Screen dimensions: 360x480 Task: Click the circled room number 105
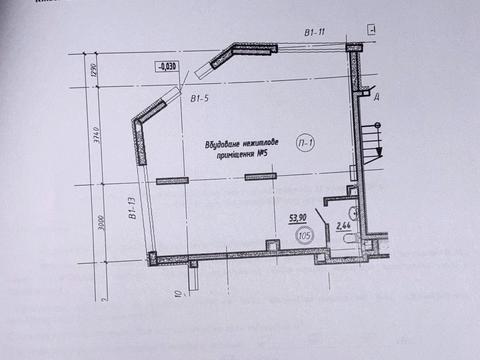[x=306, y=235]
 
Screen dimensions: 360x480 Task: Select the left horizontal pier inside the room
[x=172, y=180]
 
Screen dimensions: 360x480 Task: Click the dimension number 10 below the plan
[x=177, y=294]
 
